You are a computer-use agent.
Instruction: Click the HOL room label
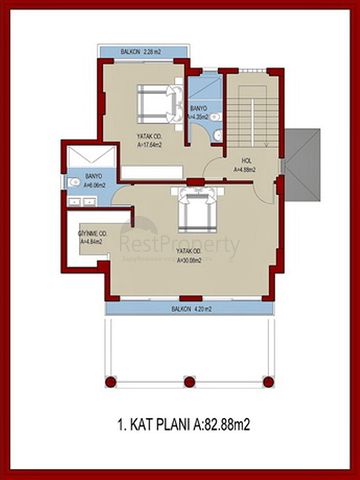[246, 161]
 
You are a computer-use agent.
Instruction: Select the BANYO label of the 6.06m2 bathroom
[81, 177]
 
